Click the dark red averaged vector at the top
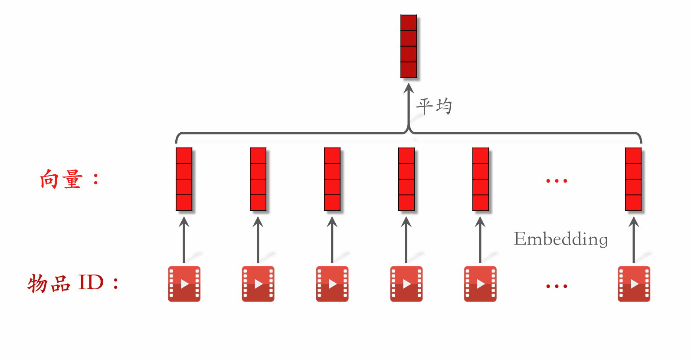pyautogui.click(x=409, y=46)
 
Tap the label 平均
pyautogui.click(x=434, y=106)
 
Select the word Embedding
pyautogui.click(x=560, y=239)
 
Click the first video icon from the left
pyautogui.click(x=184, y=284)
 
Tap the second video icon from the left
pyautogui.click(x=258, y=284)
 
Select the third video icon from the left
pyautogui.click(x=332, y=284)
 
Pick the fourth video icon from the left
pyautogui.click(x=406, y=284)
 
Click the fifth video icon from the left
pyautogui.click(x=480, y=284)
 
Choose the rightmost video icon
pyautogui.click(x=634, y=284)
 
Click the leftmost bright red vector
pyautogui.click(x=184, y=179)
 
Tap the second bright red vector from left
pyautogui.click(x=258, y=179)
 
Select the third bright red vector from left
pyautogui.click(x=332, y=179)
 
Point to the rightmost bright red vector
pyautogui.click(x=633, y=179)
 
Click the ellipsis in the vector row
pyautogui.click(x=557, y=181)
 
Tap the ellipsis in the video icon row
pyautogui.click(x=557, y=286)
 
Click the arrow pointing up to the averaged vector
pyautogui.click(x=409, y=106)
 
